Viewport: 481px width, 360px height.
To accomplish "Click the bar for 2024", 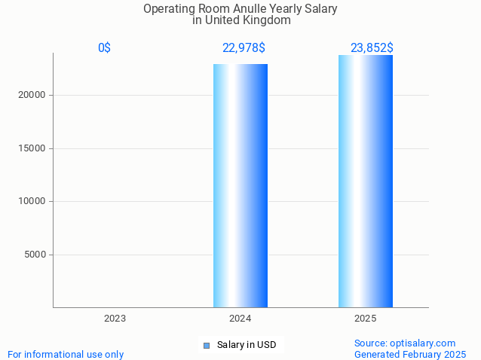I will [240, 185].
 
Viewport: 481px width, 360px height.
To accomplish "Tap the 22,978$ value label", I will [243, 47].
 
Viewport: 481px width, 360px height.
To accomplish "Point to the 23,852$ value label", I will [371, 47].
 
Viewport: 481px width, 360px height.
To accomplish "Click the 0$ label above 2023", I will [105, 47].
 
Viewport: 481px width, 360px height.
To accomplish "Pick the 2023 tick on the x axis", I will [115, 319].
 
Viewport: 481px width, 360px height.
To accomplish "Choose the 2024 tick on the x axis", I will [240, 319].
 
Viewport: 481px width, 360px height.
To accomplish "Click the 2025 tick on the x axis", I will [366, 319].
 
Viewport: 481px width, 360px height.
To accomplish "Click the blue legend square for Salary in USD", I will [206, 346].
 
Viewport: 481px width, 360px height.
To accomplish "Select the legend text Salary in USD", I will [247, 345].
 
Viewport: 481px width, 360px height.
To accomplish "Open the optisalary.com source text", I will [405, 343].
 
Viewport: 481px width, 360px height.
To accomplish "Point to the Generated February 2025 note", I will [410, 354].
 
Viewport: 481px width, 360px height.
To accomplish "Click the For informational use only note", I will [66, 354].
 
